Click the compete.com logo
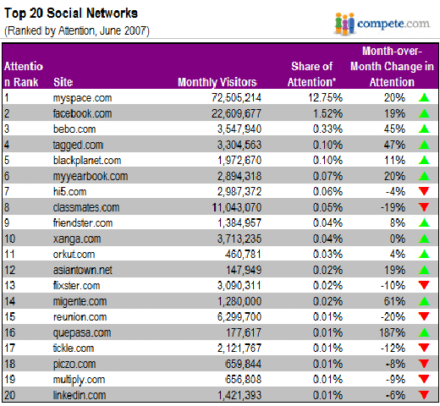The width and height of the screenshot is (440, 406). click(x=382, y=25)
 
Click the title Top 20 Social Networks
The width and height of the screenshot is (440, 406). click(x=71, y=14)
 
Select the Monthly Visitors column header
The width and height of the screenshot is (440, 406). click(x=217, y=82)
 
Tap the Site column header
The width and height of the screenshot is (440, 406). click(x=63, y=82)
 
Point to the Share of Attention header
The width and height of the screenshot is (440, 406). click(x=311, y=74)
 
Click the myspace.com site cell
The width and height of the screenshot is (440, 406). click(x=82, y=98)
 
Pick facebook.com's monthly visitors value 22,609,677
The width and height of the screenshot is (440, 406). click(x=236, y=113)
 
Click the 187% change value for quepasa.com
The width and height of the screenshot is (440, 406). click(x=392, y=332)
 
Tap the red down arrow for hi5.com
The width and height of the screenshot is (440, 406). click(x=424, y=191)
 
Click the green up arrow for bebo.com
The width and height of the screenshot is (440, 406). click(x=424, y=129)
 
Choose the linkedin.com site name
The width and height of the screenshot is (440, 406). click(x=80, y=395)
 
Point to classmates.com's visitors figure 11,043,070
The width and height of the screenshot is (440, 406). click(x=237, y=207)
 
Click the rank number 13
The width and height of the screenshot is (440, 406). click(x=9, y=286)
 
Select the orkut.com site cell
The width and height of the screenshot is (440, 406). click(x=74, y=255)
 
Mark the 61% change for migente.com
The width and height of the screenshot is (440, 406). click(x=394, y=301)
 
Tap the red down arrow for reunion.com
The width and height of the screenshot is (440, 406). click(x=424, y=316)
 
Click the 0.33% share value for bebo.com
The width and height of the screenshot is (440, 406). click(x=327, y=129)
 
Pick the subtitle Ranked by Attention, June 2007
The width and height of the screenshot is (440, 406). click(x=77, y=30)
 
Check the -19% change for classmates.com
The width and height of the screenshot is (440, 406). click(x=393, y=207)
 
